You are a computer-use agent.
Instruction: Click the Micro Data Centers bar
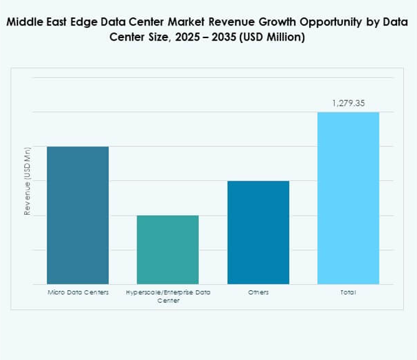click(78, 215)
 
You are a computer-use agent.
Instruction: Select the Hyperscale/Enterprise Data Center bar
click(168, 250)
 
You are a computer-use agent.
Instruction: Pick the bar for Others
click(258, 232)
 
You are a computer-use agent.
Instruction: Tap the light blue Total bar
click(348, 198)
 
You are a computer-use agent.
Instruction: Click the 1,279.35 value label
click(348, 103)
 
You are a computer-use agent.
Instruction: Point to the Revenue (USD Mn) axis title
click(27, 181)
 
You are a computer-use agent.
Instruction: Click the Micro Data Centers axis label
click(78, 292)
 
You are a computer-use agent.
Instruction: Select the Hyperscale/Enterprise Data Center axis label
click(168, 296)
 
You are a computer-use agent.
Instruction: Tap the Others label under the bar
click(258, 292)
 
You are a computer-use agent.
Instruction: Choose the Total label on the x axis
click(348, 292)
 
